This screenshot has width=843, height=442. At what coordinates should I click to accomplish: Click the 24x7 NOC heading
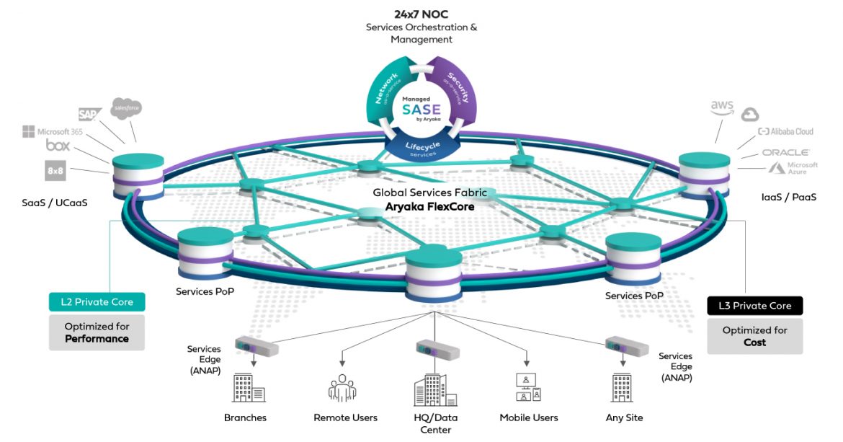(x=421, y=14)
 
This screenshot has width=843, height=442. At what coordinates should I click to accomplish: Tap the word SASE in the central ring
(x=421, y=110)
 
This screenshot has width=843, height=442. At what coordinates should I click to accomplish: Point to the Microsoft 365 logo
(x=55, y=132)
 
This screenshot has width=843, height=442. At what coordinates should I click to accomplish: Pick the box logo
(x=58, y=146)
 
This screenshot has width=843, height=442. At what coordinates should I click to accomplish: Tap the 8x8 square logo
(x=55, y=171)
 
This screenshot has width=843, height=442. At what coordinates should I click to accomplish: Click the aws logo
(x=721, y=108)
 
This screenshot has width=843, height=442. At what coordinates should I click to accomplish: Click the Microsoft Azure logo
(x=793, y=168)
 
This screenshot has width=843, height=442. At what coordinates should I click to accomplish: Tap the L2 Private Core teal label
(x=97, y=302)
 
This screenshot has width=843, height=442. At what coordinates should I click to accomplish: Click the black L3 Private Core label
(x=754, y=306)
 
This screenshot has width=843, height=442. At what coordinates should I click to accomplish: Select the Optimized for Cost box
(x=754, y=336)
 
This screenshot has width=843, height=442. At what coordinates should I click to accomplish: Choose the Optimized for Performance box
(x=97, y=332)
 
